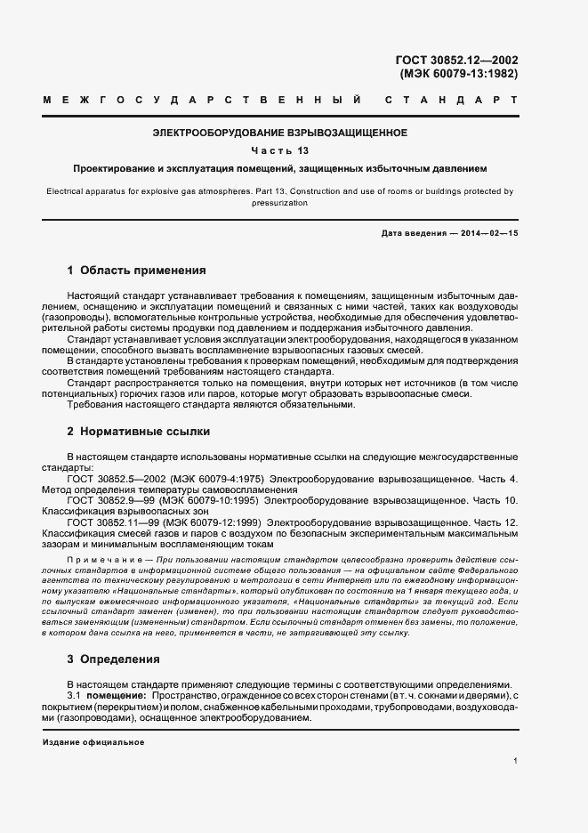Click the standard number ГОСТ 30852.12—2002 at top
coord(456,61)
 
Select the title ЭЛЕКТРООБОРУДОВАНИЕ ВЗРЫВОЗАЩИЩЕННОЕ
coord(280,133)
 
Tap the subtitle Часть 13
coord(280,150)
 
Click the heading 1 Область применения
coord(137,270)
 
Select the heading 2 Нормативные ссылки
coord(139,431)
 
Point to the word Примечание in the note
coord(100,557)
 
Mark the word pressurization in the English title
coord(279,203)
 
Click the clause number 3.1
coord(75,694)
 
